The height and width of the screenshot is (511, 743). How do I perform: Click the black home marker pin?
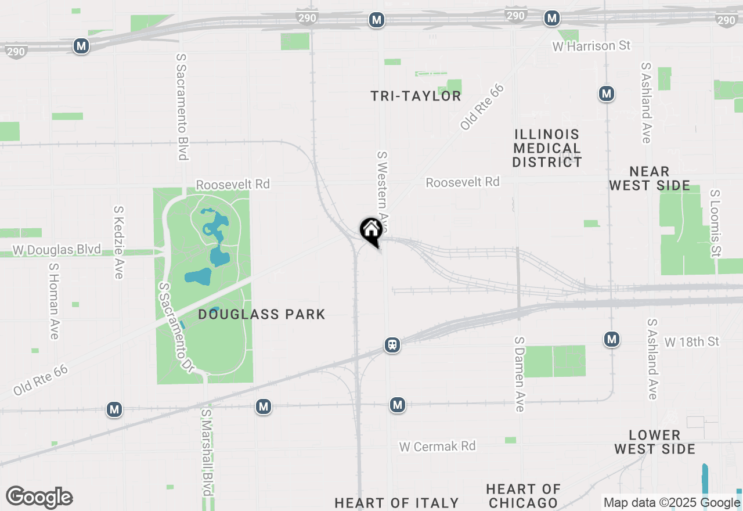click(371, 231)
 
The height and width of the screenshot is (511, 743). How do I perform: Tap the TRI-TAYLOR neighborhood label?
click(416, 96)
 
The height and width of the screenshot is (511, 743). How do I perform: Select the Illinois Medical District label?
click(547, 148)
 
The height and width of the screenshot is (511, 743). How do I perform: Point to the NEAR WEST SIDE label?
click(650, 179)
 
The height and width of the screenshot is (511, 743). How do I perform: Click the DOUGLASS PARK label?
click(262, 315)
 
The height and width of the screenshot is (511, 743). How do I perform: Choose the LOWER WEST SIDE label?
click(655, 442)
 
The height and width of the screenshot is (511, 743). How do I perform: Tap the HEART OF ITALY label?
click(397, 503)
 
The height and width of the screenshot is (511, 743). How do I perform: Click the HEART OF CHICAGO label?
click(524, 496)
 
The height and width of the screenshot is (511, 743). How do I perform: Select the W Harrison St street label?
click(591, 46)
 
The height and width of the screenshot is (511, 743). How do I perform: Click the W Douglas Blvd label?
click(57, 250)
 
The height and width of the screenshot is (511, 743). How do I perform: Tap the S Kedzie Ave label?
click(119, 242)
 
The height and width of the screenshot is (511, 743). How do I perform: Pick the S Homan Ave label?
click(54, 301)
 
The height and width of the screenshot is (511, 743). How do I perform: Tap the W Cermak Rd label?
click(437, 447)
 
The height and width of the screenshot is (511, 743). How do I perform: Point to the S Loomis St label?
click(715, 223)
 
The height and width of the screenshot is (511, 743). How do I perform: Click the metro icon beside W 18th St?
click(611, 339)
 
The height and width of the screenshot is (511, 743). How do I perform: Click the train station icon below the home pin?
click(392, 345)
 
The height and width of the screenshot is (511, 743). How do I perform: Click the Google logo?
click(39, 498)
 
